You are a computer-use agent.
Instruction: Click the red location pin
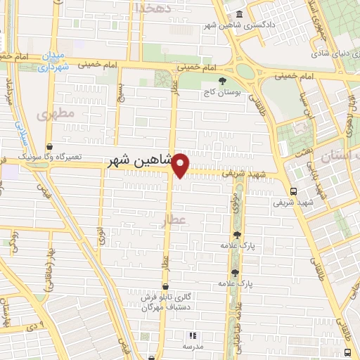tap(181, 166)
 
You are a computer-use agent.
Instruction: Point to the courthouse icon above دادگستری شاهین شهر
tap(240, 15)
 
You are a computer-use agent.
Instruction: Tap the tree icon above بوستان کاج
tap(222, 81)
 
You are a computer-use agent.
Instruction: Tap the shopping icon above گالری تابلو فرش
tap(165, 287)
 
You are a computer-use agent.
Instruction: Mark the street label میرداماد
tap(10, 92)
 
